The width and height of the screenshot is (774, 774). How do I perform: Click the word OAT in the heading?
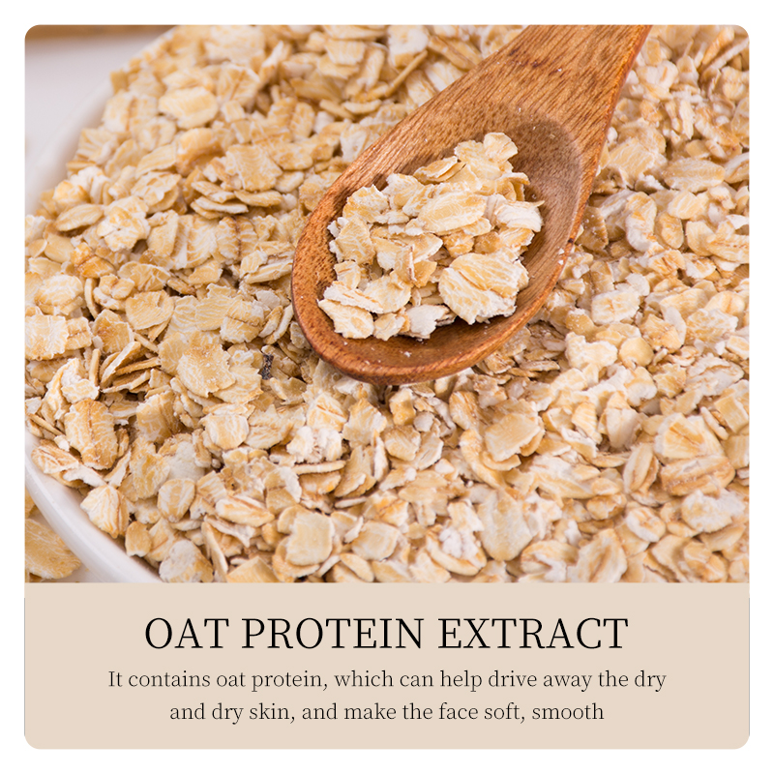pyautogui.click(x=187, y=633)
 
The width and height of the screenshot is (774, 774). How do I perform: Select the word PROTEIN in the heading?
pyautogui.click(x=332, y=633)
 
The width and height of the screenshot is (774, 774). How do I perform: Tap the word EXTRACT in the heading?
pyautogui.click(x=533, y=633)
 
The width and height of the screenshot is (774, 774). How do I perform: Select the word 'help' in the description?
pyautogui.click(x=461, y=680)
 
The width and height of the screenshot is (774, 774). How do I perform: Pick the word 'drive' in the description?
pyautogui.click(x=513, y=679)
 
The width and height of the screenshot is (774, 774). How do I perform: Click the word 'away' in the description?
pyautogui.click(x=567, y=681)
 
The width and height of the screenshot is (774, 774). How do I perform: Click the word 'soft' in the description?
pyautogui.click(x=504, y=712)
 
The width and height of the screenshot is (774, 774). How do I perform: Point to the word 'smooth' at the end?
pyautogui.click(x=568, y=712)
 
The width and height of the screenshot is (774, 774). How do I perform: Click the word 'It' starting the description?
pyautogui.click(x=115, y=679)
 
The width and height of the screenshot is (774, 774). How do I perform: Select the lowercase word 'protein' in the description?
pyautogui.click(x=289, y=681)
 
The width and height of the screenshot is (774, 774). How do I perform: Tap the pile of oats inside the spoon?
pyautogui.click(x=431, y=237)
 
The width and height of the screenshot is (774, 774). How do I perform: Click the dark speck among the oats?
pyautogui.click(x=267, y=367)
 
